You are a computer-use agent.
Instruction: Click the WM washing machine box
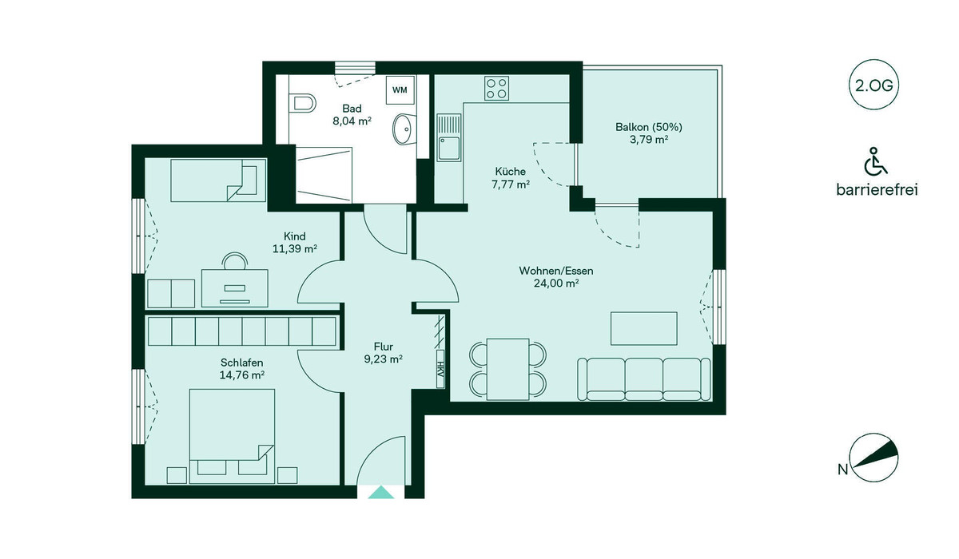(x=400, y=90)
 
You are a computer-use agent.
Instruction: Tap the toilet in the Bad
(x=302, y=103)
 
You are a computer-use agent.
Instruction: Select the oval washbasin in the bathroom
(x=404, y=129)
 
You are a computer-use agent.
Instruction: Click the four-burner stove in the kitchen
(x=496, y=88)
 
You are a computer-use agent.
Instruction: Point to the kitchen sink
(x=448, y=137)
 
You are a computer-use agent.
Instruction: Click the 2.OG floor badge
(x=873, y=85)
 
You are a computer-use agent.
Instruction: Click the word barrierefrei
(x=877, y=189)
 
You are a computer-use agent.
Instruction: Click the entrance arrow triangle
(x=381, y=493)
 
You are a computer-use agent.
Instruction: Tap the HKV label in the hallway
(x=440, y=369)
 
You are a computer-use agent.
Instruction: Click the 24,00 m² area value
(x=556, y=283)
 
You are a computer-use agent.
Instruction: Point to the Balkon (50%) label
(x=649, y=127)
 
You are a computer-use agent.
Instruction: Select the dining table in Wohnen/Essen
(x=507, y=369)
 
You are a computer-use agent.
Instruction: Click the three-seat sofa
(x=644, y=379)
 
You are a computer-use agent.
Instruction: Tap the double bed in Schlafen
(x=232, y=436)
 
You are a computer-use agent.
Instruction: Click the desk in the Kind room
(x=235, y=287)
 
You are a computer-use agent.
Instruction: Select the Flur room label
(x=383, y=347)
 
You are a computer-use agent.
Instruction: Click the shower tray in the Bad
(x=324, y=175)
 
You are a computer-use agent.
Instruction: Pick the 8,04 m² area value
(x=352, y=121)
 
